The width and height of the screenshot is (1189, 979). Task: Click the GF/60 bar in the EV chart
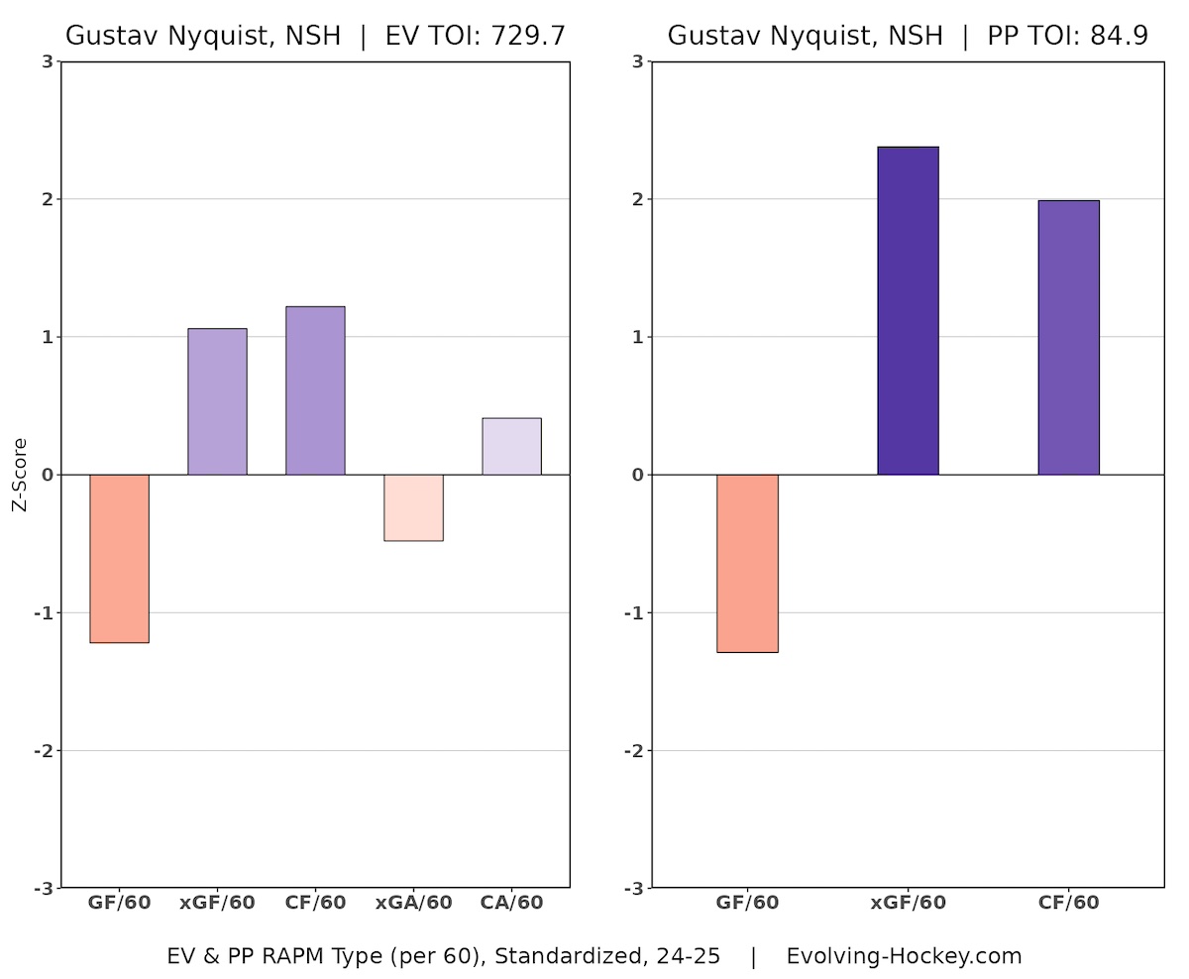119,558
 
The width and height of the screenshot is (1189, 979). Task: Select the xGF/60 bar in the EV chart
217,401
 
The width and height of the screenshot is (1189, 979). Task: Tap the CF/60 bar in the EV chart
315,390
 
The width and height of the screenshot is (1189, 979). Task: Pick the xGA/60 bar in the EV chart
413,507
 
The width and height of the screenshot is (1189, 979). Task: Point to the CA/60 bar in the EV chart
511,446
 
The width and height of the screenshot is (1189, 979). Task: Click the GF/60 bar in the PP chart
747,563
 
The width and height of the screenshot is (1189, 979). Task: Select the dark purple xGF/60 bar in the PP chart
908,310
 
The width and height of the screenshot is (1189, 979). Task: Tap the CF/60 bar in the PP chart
1068,337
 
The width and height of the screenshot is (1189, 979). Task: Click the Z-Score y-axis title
20,475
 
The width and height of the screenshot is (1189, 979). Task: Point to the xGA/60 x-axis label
413,903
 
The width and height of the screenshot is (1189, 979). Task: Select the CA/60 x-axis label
511,903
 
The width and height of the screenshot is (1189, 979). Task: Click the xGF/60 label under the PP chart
908,903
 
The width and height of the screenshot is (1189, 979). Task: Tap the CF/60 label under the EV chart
315,903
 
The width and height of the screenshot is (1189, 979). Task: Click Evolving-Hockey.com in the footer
904,956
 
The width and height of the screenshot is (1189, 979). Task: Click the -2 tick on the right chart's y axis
636,750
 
